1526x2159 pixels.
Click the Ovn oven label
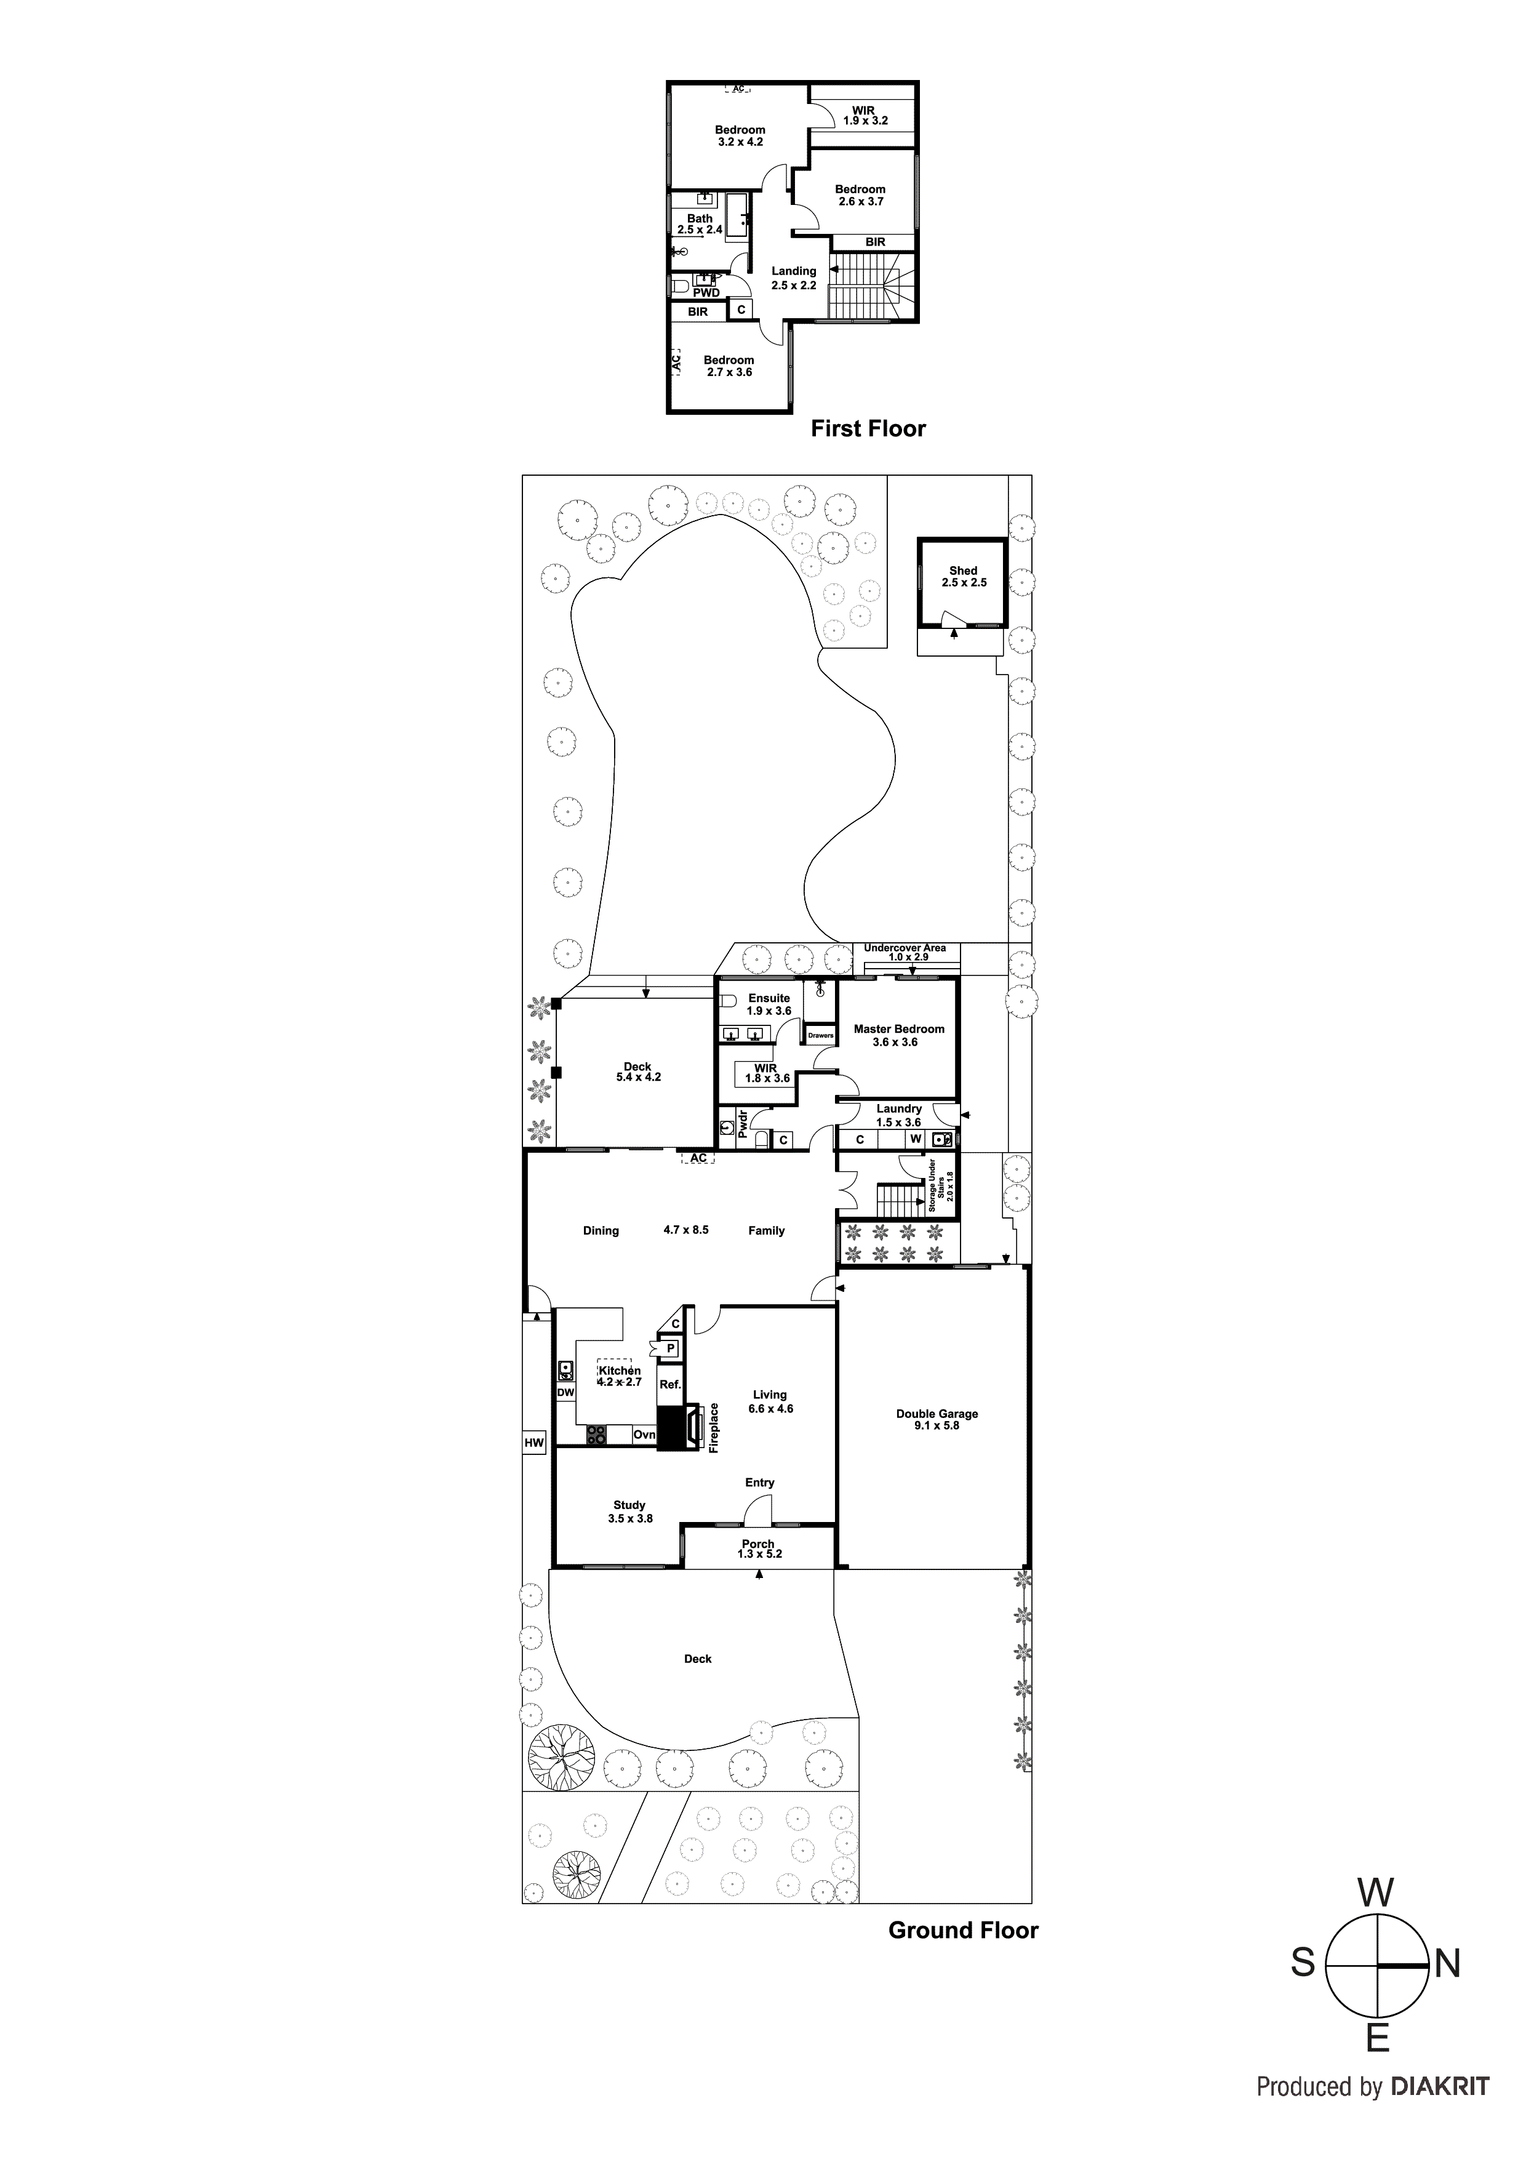(644, 1435)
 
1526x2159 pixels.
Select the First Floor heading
(868, 429)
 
